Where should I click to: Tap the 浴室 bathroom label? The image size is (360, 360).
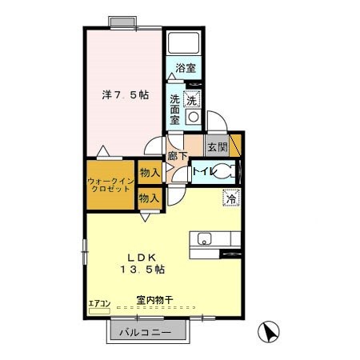coord(186,68)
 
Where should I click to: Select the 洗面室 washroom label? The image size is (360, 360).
coord(175,109)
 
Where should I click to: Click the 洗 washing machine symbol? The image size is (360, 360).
coord(191,100)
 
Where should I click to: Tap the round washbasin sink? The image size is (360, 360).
coord(191,117)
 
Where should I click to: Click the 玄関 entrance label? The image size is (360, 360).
coord(217,146)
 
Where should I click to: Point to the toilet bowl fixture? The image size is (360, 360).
coord(227,170)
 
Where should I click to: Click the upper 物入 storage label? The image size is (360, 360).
coord(149,171)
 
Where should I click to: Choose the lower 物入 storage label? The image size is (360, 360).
coord(149,197)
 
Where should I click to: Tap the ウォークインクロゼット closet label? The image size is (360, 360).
coord(110,186)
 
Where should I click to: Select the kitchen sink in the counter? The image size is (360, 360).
coord(204,238)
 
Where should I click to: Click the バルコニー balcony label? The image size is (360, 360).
coord(147,331)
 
